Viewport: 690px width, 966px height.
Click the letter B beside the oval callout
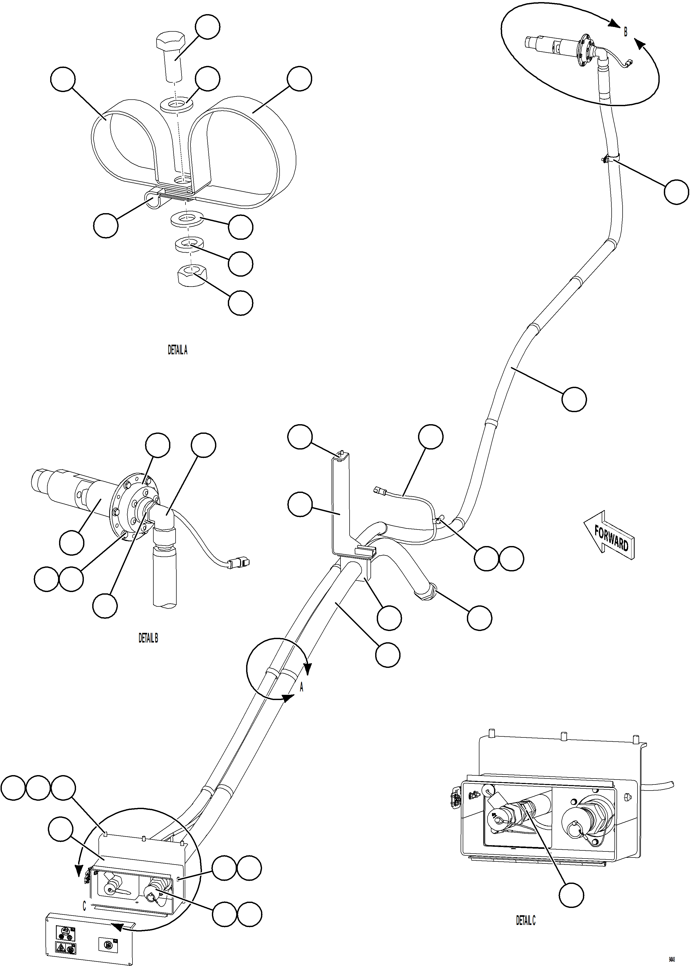pyautogui.click(x=625, y=32)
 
